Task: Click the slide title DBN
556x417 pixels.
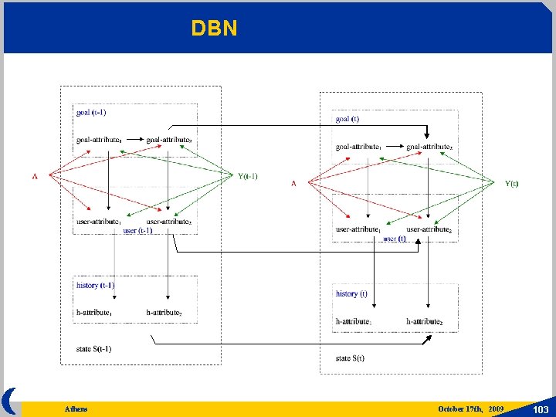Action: [215, 29]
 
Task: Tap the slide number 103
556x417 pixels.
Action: [541, 409]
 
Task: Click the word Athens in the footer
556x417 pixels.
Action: [76, 409]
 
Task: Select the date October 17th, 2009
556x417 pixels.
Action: [470, 409]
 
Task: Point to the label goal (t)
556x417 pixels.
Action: [347, 119]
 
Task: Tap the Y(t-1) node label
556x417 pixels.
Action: [248, 176]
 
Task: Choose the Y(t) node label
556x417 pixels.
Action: [512, 184]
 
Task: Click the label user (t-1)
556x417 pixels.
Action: [137, 230]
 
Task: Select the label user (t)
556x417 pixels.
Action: [395, 239]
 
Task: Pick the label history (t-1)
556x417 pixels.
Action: [96, 285]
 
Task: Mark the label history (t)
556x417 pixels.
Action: [351, 293]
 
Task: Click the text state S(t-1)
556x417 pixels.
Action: [94, 349]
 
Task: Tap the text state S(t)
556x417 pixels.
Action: [350, 358]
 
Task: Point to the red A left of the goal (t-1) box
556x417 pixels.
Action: [35, 176]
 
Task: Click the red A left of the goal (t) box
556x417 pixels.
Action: [293, 184]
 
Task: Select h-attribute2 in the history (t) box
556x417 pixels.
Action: [424, 321]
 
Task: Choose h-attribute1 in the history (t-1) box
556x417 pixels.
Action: [95, 312]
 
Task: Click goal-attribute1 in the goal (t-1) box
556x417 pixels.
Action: [99, 140]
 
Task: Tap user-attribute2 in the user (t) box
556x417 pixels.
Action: [429, 229]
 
